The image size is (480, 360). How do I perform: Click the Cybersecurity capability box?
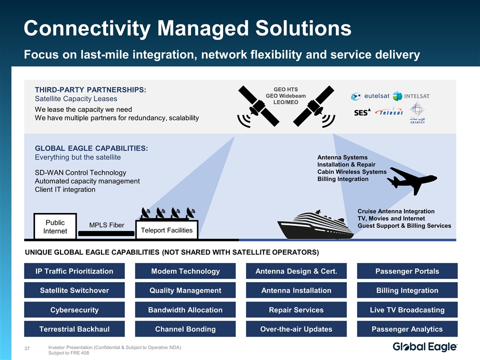click(x=74, y=309)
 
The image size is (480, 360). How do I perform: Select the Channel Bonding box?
click(x=185, y=328)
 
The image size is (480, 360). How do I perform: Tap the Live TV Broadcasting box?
click(x=407, y=309)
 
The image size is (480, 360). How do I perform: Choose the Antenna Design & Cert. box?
click(x=296, y=271)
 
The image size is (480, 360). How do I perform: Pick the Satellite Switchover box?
click(x=74, y=290)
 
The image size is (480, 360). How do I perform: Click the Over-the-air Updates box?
click(x=296, y=328)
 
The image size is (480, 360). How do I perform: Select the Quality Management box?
click(x=185, y=290)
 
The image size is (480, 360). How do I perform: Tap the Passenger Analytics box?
click(x=407, y=328)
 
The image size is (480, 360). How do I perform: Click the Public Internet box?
click(x=55, y=226)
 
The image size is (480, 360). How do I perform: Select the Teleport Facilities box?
click(x=167, y=229)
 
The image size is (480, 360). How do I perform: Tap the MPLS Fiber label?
click(x=106, y=225)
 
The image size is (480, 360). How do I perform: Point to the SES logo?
click(x=361, y=112)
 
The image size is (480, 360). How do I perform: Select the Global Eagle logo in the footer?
click(x=425, y=347)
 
